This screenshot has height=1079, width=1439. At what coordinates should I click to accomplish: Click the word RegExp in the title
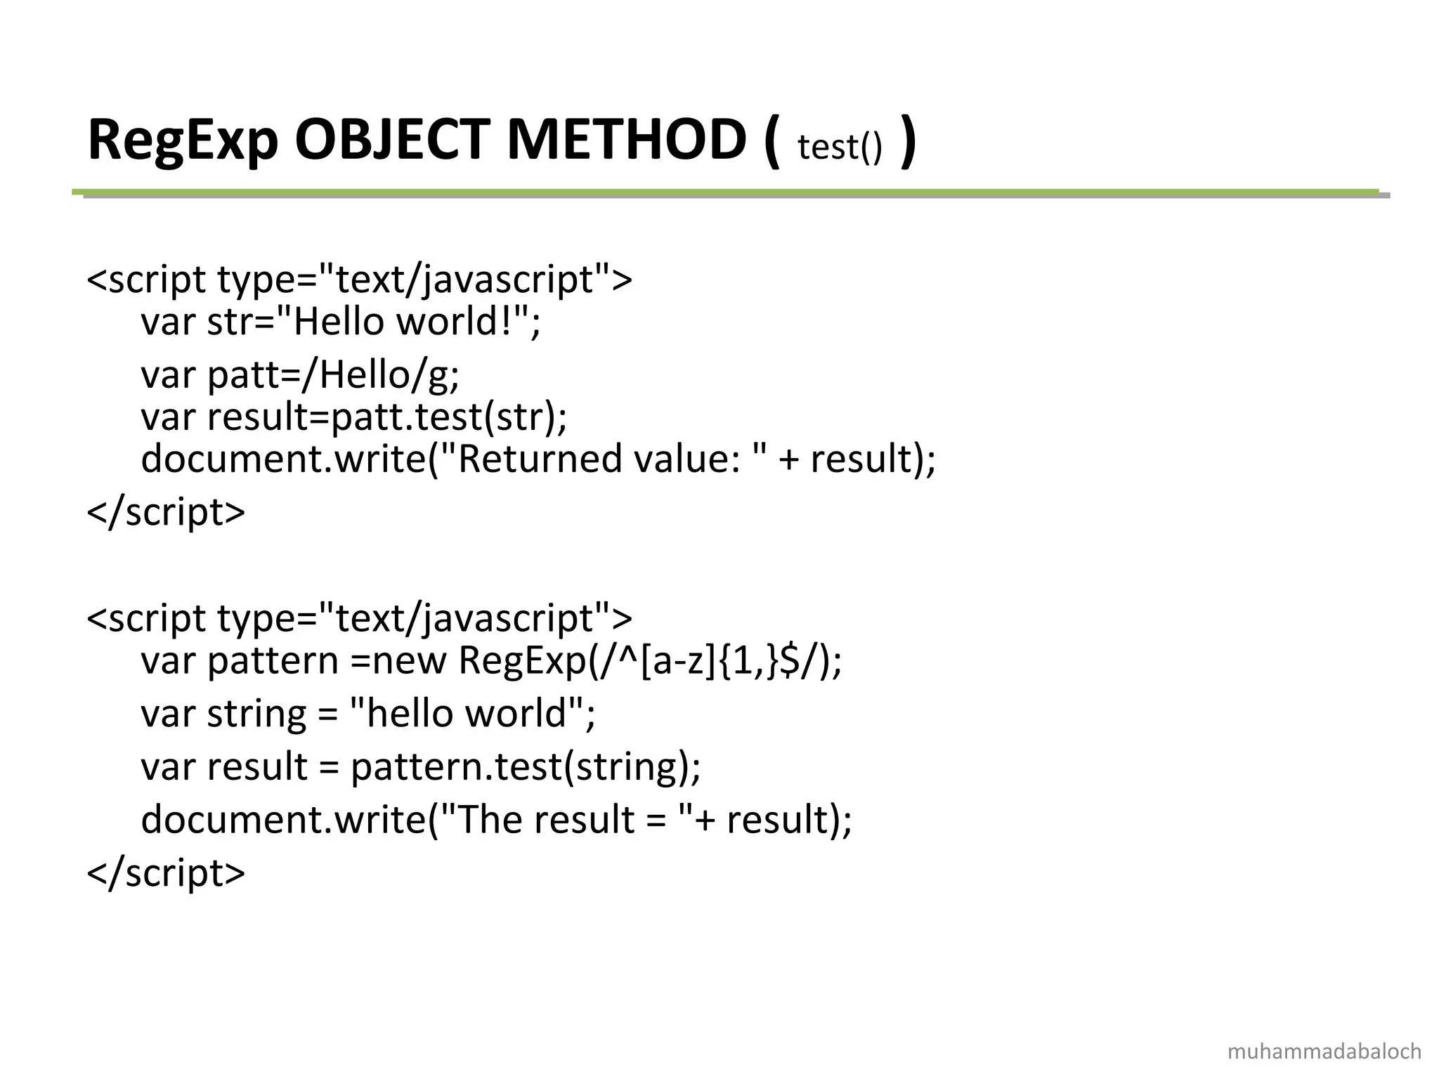click(183, 140)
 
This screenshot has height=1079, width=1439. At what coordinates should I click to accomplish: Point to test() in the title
click(839, 148)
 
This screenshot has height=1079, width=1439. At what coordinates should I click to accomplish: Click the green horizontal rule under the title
click(724, 191)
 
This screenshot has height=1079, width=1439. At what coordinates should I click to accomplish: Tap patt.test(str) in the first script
click(443, 417)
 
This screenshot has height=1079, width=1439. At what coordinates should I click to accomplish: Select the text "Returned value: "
click(604, 459)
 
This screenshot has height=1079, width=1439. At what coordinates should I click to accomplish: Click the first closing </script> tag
click(166, 511)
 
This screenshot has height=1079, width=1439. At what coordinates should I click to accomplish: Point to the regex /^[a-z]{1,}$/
click(710, 660)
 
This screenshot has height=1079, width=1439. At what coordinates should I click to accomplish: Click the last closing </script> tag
click(166, 872)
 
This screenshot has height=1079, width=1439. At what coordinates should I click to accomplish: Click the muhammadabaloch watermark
click(1324, 1051)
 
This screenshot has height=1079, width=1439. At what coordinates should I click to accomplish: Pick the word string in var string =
click(256, 714)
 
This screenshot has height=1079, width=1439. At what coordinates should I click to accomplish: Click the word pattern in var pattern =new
click(273, 662)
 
